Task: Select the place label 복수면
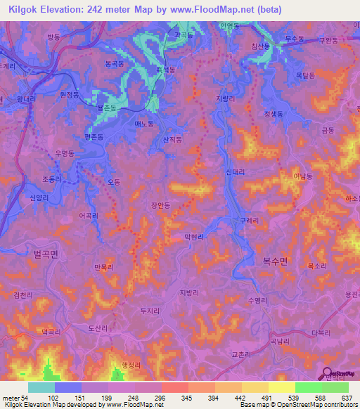(x=276, y=259)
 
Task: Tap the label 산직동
(x=172, y=140)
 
